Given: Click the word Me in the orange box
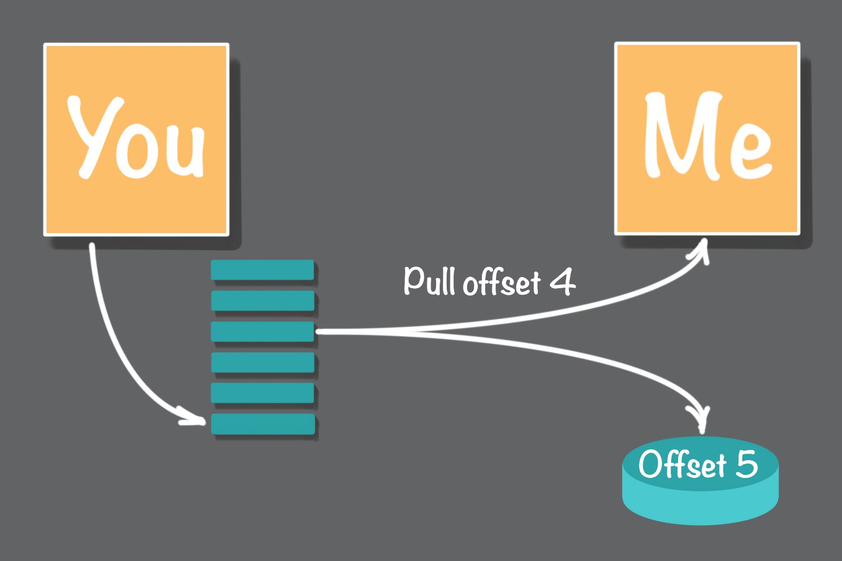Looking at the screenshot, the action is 708,136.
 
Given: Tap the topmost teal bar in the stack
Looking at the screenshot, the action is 262,270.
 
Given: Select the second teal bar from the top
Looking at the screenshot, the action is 262,301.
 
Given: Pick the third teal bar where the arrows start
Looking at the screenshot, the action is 262,331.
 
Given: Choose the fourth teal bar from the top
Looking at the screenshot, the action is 262,362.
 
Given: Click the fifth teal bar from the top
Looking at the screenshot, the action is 262,393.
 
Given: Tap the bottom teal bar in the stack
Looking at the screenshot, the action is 263,424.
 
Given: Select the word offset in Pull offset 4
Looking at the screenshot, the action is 502,281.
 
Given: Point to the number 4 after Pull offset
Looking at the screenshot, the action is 562,281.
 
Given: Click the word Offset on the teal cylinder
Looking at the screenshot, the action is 682,465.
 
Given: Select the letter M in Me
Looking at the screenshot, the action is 682,136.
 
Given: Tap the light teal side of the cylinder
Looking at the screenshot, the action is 700,506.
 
